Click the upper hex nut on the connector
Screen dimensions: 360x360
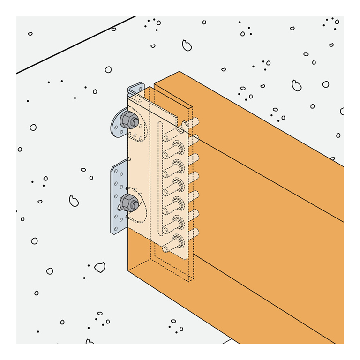(x=128, y=120)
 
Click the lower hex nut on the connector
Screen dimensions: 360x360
(x=127, y=203)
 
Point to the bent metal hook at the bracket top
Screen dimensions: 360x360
(x=136, y=87)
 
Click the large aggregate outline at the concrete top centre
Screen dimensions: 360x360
(x=187, y=45)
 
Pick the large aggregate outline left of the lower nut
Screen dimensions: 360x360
(x=74, y=200)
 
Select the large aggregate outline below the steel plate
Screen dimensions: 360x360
(x=99, y=267)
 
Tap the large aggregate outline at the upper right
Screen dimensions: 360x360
(x=296, y=85)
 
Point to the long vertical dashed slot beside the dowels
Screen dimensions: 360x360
(x=160, y=178)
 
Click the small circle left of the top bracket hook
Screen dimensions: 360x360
(x=108, y=69)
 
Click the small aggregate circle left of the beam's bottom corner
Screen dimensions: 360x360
(x=49, y=271)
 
